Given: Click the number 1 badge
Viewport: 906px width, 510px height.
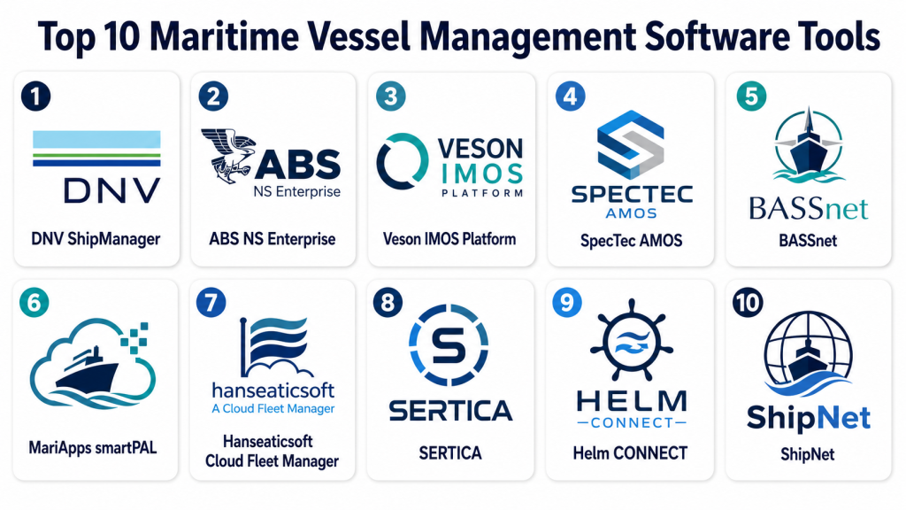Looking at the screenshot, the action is (x=35, y=96).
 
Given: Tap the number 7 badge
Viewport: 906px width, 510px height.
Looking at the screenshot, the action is (x=211, y=303).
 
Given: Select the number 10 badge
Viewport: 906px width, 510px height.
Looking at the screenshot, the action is (x=748, y=303).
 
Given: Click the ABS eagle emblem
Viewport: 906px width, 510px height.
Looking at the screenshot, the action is (x=227, y=156).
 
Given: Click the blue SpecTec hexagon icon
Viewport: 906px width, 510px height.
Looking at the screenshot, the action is (x=630, y=144).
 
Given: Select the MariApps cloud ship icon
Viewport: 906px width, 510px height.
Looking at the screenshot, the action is (x=92, y=363).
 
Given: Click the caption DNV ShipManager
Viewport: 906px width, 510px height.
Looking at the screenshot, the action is (x=96, y=239).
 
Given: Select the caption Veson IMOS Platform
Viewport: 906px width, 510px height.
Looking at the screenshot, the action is (x=449, y=239).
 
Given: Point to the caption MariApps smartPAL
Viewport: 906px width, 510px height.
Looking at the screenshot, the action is (x=92, y=447).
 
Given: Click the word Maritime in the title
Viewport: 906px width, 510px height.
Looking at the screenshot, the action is (x=224, y=35).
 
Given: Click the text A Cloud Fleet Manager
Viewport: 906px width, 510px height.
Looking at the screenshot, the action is (x=273, y=409).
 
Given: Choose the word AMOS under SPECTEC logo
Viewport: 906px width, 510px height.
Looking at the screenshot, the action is (x=631, y=213).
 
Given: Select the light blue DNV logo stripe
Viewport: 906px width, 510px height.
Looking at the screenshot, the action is (x=96, y=139).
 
